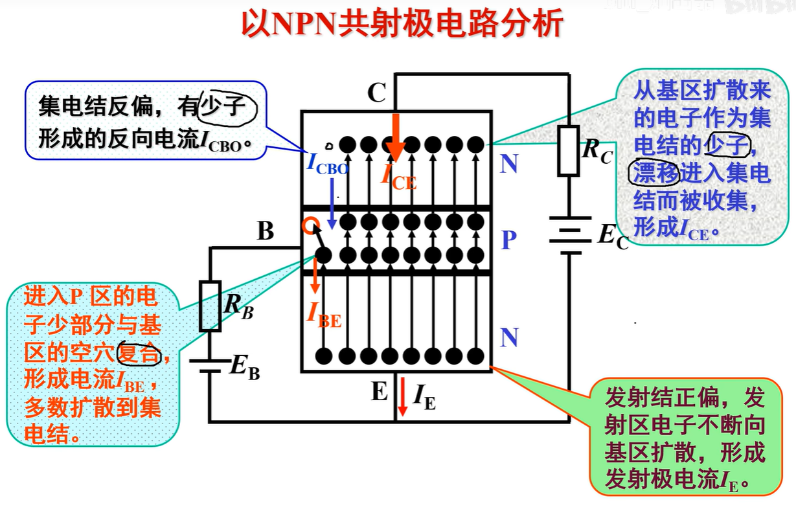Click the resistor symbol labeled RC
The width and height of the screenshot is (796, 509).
[x=568, y=151]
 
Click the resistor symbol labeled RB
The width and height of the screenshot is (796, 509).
[x=210, y=306]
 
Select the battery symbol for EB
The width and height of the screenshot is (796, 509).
[x=210, y=367]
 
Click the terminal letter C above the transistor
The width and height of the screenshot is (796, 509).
[x=376, y=94]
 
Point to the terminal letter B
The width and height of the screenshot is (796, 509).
[x=266, y=231]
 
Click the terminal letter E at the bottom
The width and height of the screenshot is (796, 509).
[x=379, y=392]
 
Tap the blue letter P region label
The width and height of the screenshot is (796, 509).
[x=509, y=240]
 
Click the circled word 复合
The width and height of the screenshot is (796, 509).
[x=139, y=353]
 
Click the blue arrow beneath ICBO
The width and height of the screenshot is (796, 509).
[x=332, y=201]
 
